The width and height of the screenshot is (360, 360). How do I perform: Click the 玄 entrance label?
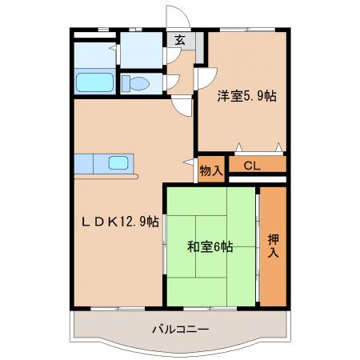[x=180, y=40]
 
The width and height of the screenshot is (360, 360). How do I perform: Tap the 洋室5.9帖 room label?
[x=247, y=96]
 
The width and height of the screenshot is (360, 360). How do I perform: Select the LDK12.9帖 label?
[x=120, y=222]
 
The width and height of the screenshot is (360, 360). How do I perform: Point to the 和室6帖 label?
[x=210, y=246]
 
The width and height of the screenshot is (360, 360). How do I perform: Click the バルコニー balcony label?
[x=181, y=330]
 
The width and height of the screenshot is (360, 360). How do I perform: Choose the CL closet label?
[x=252, y=166]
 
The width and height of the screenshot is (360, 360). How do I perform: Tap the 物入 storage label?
[x=211, y=170]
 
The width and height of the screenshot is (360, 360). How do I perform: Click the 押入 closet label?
[x=274, y=246]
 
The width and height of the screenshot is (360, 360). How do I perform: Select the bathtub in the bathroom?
[x=94, y=82]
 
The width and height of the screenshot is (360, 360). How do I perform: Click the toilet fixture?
[x=135, y=83]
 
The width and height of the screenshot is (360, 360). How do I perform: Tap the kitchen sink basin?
[x=118, y=162]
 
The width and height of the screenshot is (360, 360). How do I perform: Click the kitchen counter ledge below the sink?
[x=106, y=177]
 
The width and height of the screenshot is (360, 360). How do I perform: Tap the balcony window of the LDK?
[x=118, y=309]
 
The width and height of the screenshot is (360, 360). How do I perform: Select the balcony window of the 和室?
[x=210, y=309]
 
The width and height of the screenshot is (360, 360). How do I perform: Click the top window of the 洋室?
[x=248, y=30]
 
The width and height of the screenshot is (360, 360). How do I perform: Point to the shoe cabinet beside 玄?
[x=199, y=47]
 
